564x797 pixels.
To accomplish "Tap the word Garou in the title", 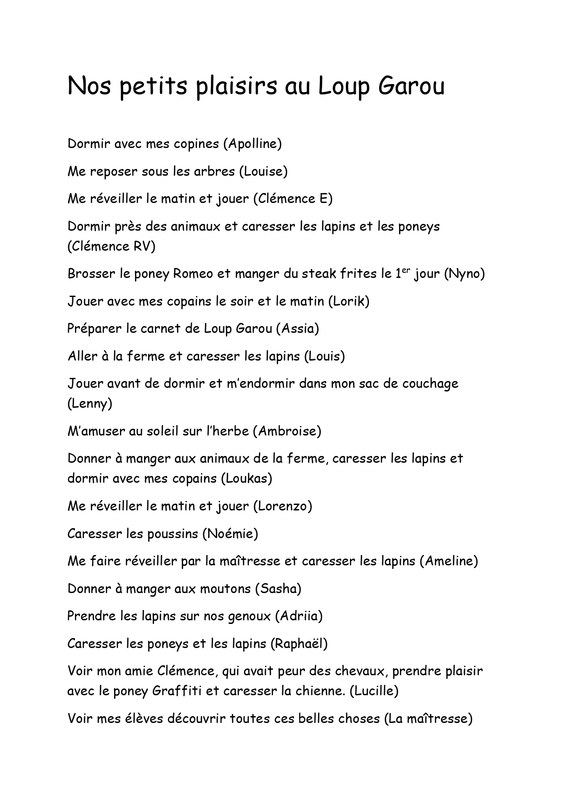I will point(410,86).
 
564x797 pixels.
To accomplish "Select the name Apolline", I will point(252,144).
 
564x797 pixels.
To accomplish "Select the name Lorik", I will point(349,301).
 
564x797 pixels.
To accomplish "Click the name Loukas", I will point(247,478).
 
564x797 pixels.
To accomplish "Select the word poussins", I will point(172,533).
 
